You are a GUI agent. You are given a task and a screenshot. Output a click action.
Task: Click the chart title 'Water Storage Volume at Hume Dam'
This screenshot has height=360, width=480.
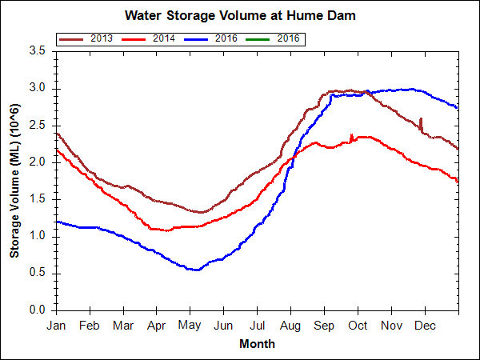coord(240,15)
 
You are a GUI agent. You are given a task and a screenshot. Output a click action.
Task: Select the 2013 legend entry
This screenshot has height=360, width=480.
coord(89,38)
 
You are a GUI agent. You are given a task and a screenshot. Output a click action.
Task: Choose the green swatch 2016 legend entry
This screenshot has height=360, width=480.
coord(274,38)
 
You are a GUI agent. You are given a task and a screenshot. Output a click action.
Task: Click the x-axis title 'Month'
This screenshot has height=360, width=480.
coord(257,344)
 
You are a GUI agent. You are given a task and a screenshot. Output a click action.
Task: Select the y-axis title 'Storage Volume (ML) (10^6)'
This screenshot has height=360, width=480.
coord(14,180)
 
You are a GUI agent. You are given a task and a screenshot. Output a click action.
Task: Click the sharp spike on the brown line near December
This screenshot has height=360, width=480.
coord(421,119)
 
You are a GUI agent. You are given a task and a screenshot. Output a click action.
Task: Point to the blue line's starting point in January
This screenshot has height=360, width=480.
coord(57,222)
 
